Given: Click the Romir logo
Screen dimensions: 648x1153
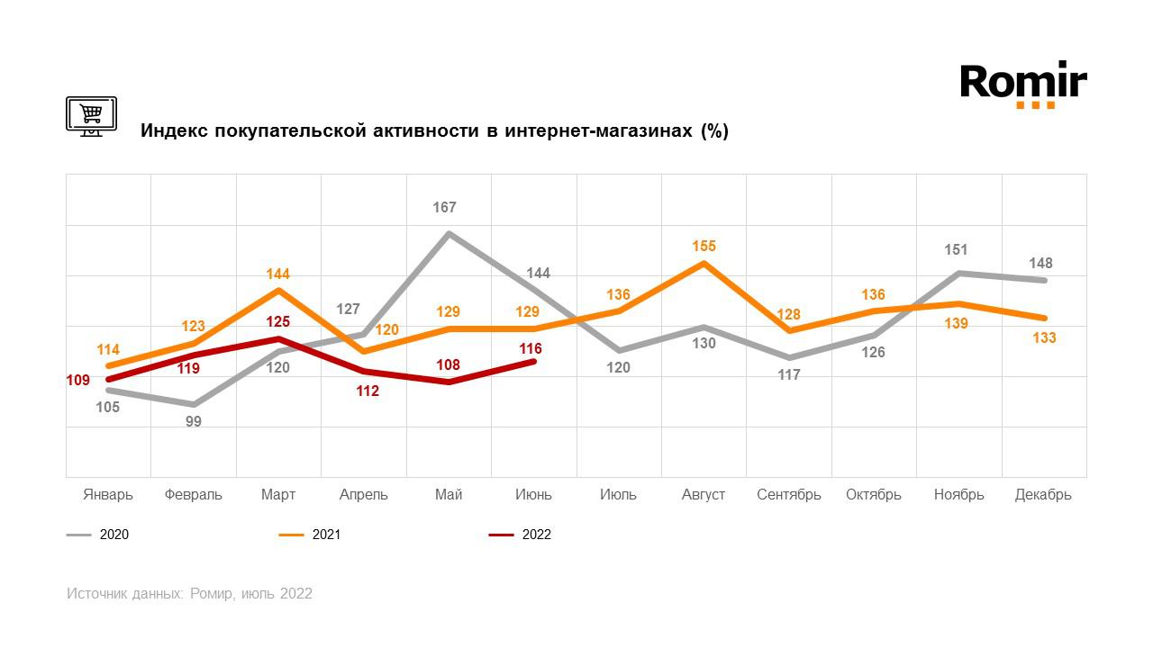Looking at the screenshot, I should point(1023,85).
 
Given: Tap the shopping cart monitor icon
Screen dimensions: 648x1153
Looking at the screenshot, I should point(91,116).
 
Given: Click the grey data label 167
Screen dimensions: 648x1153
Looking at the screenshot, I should point(445,208).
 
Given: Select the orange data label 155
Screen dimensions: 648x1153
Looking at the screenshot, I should point(704,246).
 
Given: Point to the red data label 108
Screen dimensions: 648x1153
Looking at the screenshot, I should point(448,365).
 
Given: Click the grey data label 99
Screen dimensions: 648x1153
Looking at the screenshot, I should point(194,421).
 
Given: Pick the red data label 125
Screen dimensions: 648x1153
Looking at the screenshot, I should point(278,321).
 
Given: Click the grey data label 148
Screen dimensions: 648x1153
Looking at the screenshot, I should point(1040,264).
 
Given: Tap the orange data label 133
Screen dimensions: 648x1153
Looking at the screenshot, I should point(1044,338).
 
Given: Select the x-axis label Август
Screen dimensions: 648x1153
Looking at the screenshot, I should point(704,495).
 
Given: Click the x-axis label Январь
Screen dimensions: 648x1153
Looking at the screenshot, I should point(108,495).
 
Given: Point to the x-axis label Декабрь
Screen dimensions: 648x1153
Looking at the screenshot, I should point(1043,495).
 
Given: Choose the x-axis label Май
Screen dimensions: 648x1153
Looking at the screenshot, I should point(449,495).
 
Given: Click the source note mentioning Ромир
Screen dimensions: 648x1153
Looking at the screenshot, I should point(189,594).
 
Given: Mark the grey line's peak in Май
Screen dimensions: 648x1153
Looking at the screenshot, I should point(449,233).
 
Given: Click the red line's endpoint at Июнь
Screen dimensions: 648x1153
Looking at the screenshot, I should point(534,361).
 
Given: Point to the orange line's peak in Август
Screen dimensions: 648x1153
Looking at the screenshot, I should point(704,263).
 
